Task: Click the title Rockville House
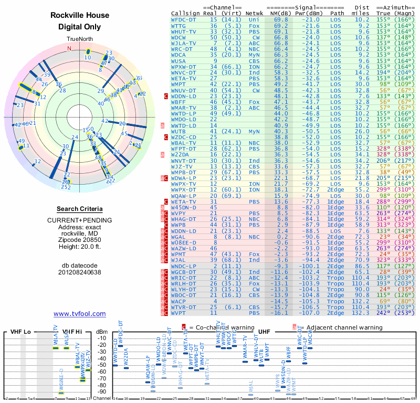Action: point(80,15)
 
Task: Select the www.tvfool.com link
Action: point(80,314)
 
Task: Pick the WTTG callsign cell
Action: point(178,25)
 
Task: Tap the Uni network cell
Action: point(254,19)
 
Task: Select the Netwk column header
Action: point(255,13)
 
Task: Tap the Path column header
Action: point(338,13)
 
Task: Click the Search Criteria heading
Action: point(80,209)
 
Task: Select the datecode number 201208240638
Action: point(80,272)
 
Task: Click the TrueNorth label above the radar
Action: point(80,39)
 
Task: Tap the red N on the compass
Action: point(68,48)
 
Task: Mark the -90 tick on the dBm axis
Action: point(102,391)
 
